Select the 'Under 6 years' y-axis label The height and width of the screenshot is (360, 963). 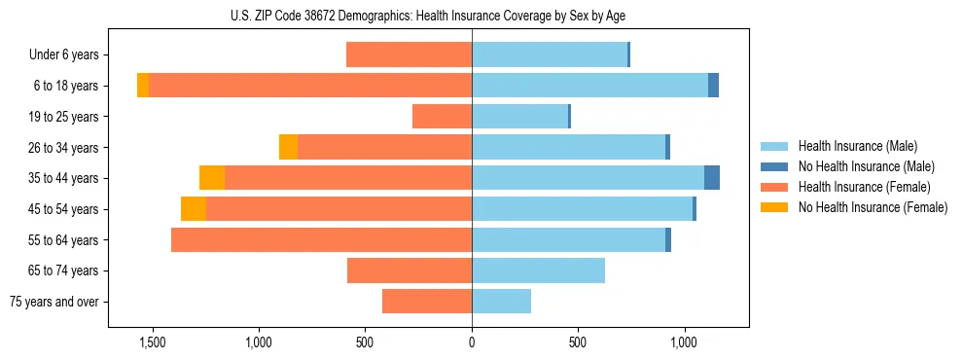coord(64,55)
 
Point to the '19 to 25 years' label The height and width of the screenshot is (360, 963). coord(63,117)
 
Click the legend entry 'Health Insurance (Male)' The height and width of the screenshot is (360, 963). coord(857,146)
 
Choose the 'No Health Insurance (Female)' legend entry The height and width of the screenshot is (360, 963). coord(873,207)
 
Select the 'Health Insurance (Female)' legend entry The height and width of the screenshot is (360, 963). coord(864,187)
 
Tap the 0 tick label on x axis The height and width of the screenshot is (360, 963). coord(472,342)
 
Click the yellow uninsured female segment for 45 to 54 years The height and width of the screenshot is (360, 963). coord(194,209)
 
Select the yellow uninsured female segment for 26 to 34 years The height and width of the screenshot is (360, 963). coord(288,147)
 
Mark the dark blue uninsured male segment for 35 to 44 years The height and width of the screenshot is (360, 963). coord(712,178)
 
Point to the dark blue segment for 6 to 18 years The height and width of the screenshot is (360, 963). coord(713,86)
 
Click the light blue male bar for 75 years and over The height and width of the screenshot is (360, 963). coord(501,302)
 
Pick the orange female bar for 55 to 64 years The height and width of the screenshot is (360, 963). coord(321,240)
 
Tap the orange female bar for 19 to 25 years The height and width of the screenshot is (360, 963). coord(442,117)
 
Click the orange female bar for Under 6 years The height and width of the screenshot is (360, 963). coord(409,55)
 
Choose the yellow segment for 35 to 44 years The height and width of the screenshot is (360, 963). coord(212,178)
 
